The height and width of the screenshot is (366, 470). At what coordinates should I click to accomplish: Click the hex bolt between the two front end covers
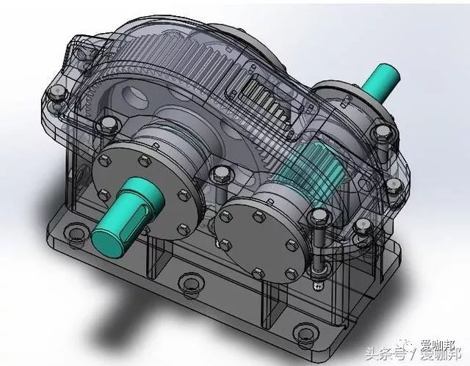click(217, 175)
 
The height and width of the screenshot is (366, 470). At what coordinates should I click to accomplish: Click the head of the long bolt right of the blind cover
click(318, 215)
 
